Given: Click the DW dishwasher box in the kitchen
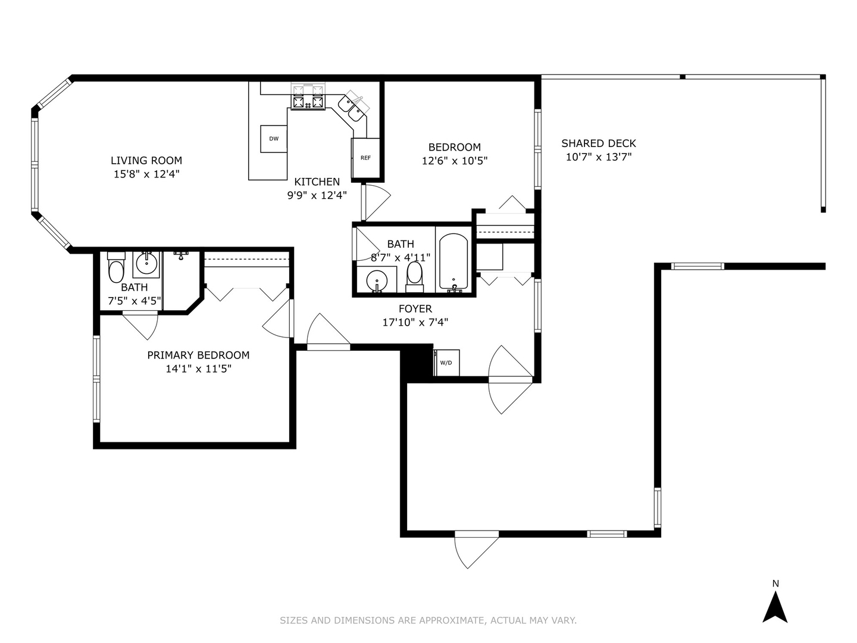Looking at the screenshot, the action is coord(274,139).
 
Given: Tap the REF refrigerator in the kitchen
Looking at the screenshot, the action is coord(365,158).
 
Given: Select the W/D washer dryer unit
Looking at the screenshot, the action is coord(446,363).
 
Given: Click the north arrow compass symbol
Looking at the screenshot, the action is coord(775,613).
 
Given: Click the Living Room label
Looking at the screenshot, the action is coord(146,160).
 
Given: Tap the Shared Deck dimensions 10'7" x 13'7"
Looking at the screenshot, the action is coord(599,157).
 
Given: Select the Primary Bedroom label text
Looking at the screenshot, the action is coord(198,355).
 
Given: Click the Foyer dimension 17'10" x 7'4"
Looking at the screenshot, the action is coord(415,323).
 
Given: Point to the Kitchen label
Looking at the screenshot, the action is coord(317,182).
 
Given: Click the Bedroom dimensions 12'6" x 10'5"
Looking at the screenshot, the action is coord(455,161).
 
